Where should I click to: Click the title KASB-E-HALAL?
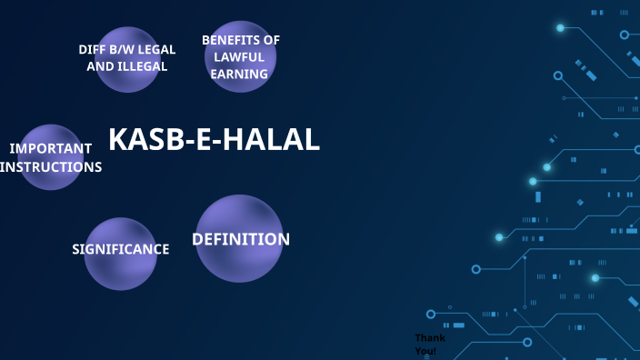[x=215, y=139]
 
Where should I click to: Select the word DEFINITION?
[x=241, y=239]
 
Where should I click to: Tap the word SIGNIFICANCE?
[x=121, y=249]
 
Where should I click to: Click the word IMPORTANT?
[x=51, y=148]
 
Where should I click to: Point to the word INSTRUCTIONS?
[x=52, y=167]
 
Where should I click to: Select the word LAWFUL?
[x=241, y=57]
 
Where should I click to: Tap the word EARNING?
[x=240, y=75]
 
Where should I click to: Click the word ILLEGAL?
[x=144, y=66]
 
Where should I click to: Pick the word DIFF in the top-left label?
[x=93, y=49]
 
